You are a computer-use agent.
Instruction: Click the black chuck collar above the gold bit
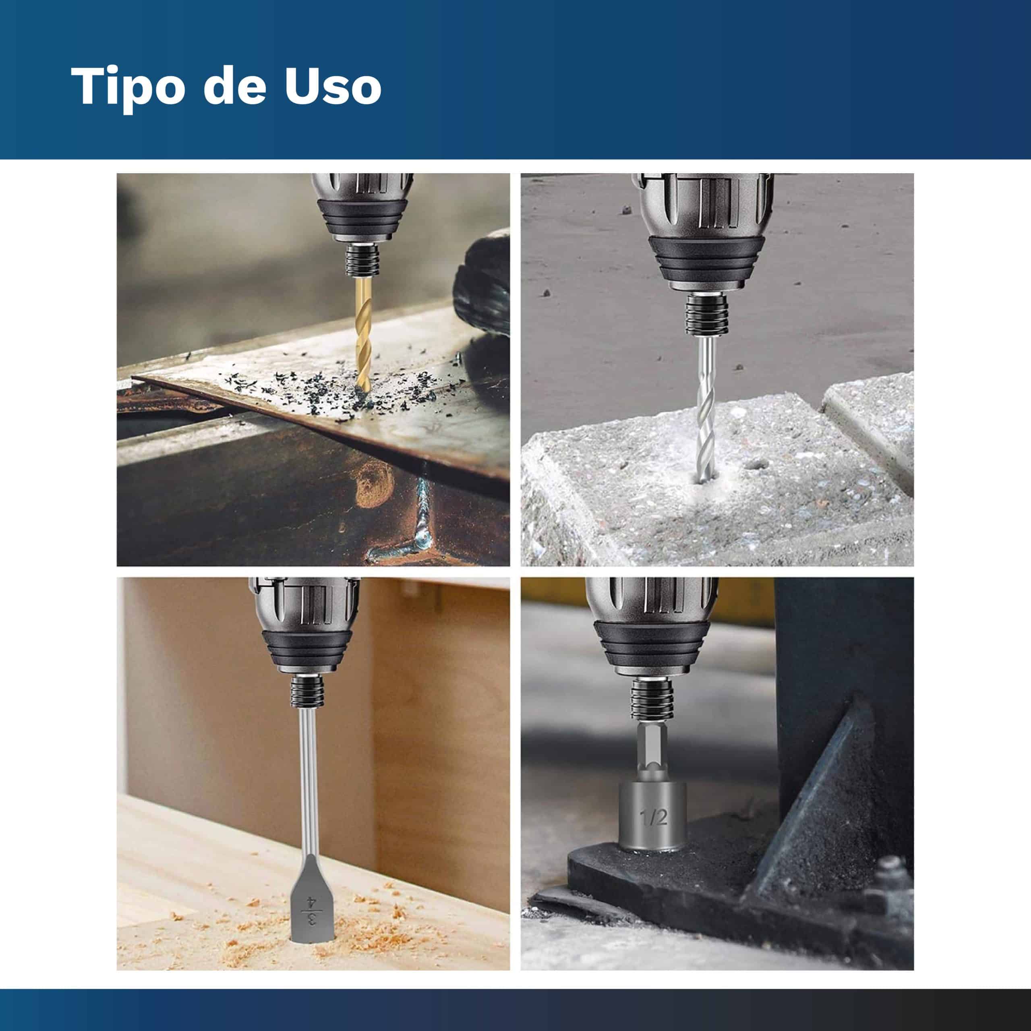tap(362, 260)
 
